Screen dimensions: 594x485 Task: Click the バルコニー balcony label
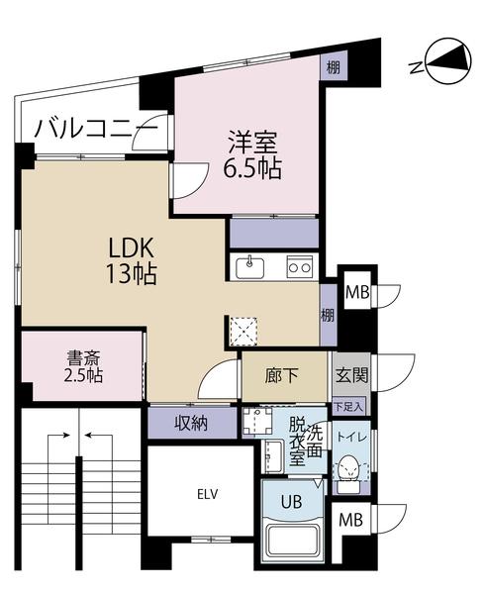[x=95, y=129]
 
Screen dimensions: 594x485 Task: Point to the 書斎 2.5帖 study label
[x=81, y=367]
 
